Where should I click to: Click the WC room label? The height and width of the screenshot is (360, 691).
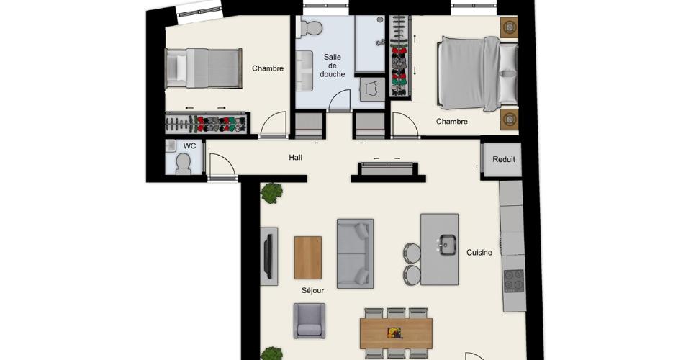(189, 146)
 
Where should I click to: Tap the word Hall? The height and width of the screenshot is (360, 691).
(296, 157)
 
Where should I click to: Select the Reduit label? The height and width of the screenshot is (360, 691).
(504, 159)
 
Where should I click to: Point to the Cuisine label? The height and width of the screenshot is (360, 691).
(479, 253)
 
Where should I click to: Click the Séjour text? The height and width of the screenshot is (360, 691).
(313, 290)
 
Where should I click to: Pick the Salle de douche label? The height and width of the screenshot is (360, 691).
(333, 66)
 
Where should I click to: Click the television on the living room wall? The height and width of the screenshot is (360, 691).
(268, 256)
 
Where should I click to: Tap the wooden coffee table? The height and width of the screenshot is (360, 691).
(307, 258)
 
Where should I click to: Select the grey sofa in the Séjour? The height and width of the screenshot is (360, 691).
(355, 254)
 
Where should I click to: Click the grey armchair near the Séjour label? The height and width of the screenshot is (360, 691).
(310, 321)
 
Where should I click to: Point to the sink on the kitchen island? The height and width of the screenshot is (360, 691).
(448, 245)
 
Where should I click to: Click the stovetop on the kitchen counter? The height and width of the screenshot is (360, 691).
(514, 281)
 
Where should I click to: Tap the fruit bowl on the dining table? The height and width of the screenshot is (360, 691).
(395, 333)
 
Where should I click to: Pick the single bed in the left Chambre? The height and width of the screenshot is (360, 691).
(204, 68)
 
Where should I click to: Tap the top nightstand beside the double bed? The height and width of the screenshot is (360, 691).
(509, 28)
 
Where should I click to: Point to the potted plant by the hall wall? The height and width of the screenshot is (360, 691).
(271, 193)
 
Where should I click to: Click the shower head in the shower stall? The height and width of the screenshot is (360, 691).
(380, 42)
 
